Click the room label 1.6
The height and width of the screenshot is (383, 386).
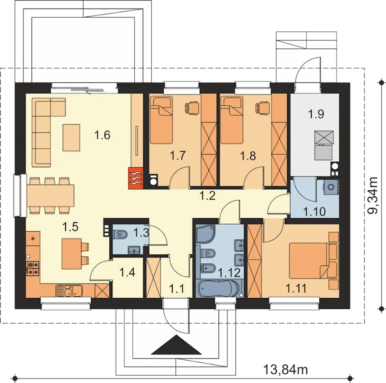pos(102,135)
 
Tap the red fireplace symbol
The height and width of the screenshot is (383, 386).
pos(136,178)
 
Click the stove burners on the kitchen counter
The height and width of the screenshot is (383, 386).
pos(33,269)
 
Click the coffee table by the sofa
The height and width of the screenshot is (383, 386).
pos(71,138)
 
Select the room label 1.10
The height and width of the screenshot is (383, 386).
pos(314,211)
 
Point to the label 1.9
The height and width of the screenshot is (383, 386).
pos(316,114)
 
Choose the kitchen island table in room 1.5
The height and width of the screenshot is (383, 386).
pos(71,253)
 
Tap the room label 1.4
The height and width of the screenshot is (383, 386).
pos(127,273)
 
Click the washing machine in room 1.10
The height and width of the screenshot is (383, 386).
pos(330,187)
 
